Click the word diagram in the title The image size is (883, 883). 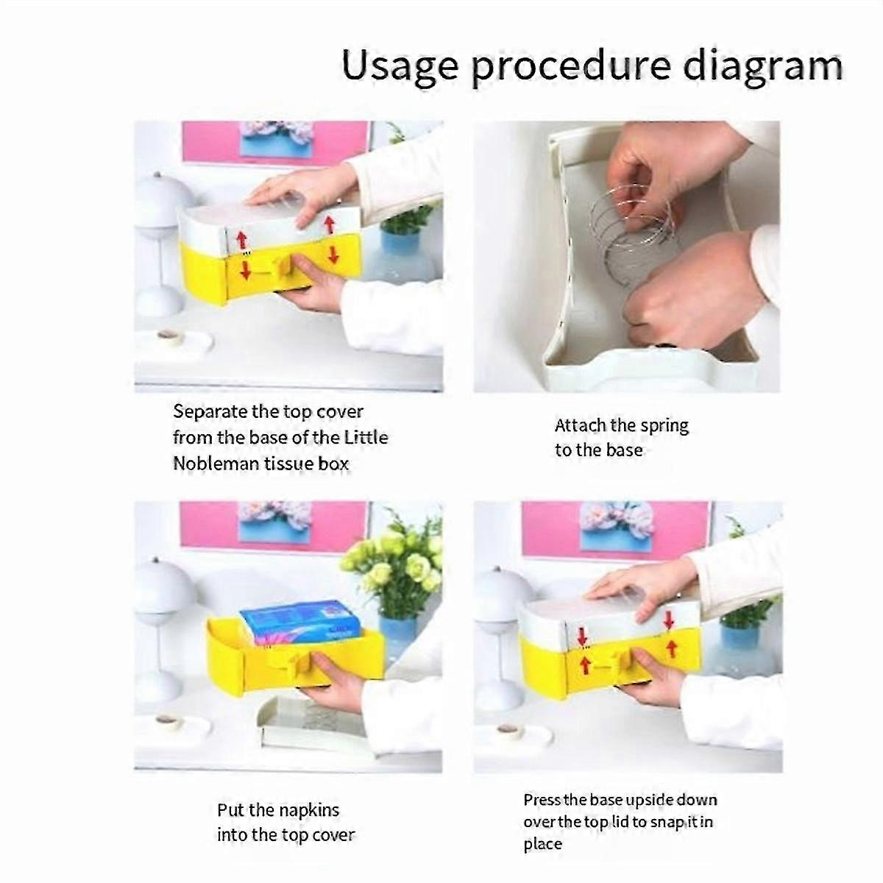762,67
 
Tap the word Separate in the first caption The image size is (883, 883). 209,412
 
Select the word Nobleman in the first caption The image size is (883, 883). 216,464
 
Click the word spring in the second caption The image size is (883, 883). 664,426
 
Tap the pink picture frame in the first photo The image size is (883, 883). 276,143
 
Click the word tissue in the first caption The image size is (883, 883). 288,464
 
